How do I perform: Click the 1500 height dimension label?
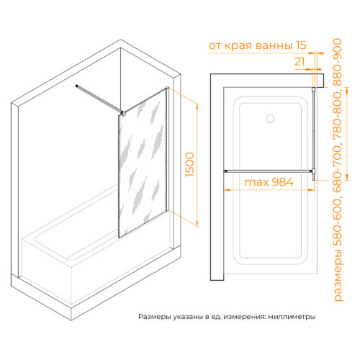pyautogui.click(x=189, y=165)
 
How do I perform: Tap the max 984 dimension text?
pyautogui.click(x=269, y=182)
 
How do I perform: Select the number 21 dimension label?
pyautogui.click(x=300, y=62)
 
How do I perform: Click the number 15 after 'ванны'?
pyautogui.click(x=301, y=45)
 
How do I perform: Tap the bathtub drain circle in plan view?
pyautogui.click(x=271, y=119)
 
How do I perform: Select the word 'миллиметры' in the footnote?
pyautogui.click(x=292, y=317)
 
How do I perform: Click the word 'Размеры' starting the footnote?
pyautogui.click(x=154, y=317)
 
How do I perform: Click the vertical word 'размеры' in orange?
pyautogui.click(x=338, y=275)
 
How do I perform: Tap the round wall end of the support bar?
pyautogui.click(x=76, y=86)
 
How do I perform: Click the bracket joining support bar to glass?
pyautogui.click(x=123, y=113)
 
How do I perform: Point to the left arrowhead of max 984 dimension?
pyautogui.click(x=227, y=190)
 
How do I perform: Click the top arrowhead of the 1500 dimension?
pyautogui.click(x=197, y=107)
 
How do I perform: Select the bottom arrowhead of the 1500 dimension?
pyautogui.click(x=197, y=223)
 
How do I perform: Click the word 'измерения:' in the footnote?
pyautogui.click(x=244, y=317)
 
